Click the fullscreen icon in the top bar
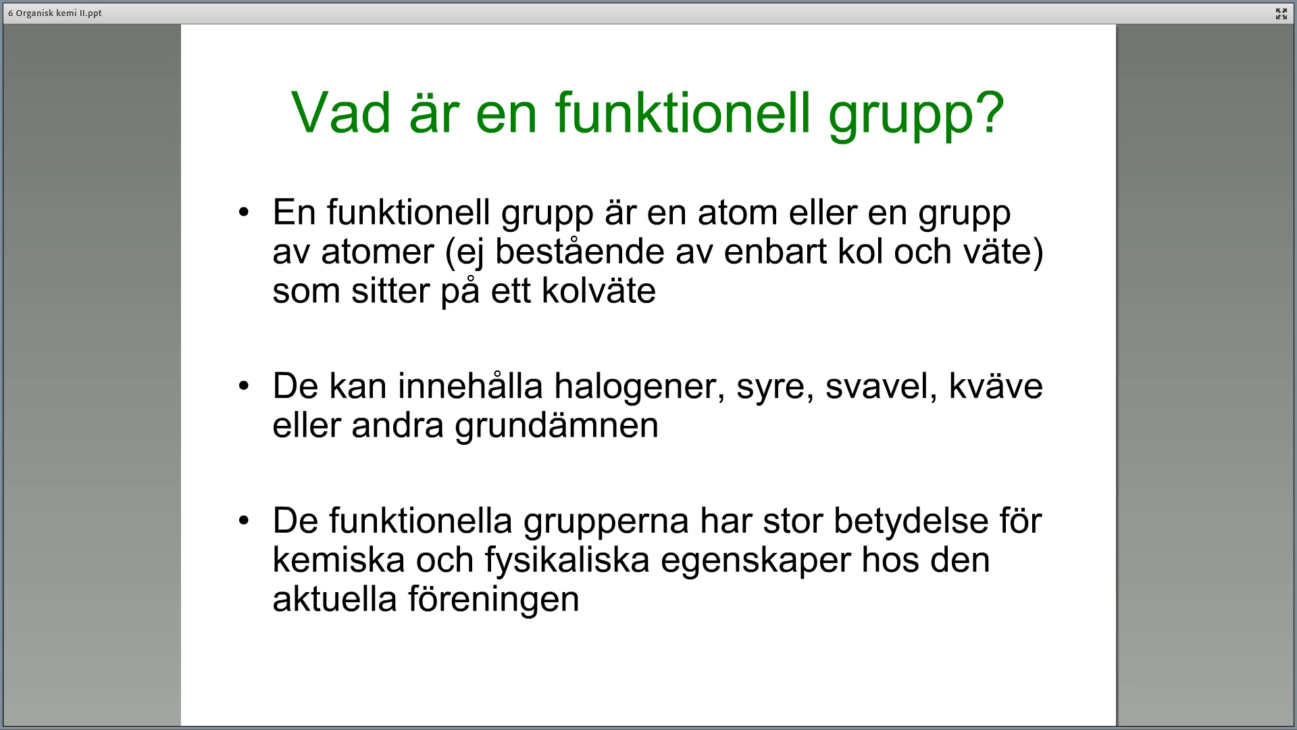(x=1281, y=14)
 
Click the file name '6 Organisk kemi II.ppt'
(x=55, y=14)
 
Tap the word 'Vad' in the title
(x=341, y=112)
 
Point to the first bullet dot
(x=244, y=212)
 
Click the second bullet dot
(x=244, y=386)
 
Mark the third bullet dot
(x=244, y=520)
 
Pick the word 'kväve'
(x=996, y=386)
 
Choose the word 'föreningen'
(x=493, y=600)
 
